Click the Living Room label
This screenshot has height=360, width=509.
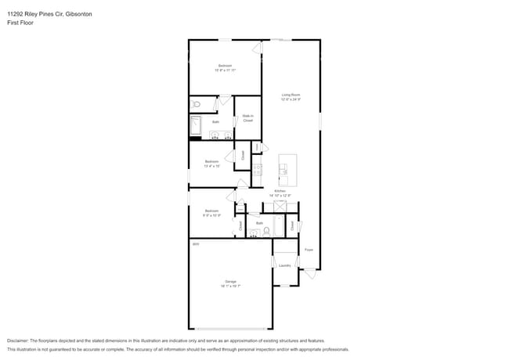(291, 95)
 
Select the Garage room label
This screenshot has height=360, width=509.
(230, 281)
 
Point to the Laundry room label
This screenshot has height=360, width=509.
(285, 265)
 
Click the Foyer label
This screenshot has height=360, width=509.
(309, 250)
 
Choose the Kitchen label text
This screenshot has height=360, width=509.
(280, 191)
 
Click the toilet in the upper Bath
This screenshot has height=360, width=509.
(197, 103)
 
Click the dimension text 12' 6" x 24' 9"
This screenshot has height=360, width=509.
(291, 99)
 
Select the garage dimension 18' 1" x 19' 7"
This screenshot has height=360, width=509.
(230, 286)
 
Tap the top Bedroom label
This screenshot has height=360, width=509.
(225, 65)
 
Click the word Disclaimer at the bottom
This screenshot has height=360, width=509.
(21, 341)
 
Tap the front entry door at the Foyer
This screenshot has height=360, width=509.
(311, 273)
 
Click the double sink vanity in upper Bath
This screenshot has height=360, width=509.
(221, 135)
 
